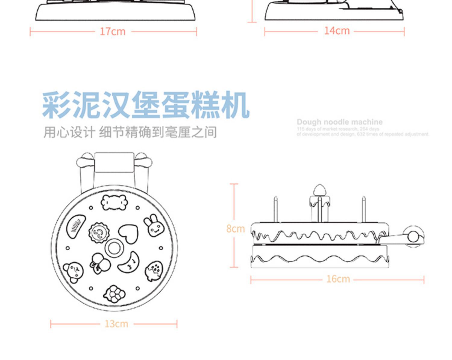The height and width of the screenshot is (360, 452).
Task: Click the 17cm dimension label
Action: pyautogui.click(x=112, y=31)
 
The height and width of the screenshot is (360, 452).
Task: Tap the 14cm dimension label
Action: pyautogui.click(x=337, y=31)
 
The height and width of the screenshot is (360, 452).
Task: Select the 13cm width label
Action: pyautogui.click(x=116, y=324)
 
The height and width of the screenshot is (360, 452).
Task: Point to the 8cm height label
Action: pyautogui.click(x=235, y=229)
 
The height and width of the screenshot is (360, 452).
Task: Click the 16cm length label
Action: pyautogui.click(x=338, y=279)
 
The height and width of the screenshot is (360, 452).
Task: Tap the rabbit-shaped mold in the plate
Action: pyautogui.click(x=154, y=225)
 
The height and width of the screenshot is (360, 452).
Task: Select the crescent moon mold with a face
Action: pyautogui.click(x=130, y=262)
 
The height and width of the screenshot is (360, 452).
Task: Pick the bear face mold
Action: pyautogui.click(x=74, y=272)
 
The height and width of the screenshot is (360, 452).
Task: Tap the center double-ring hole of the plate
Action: pyautogui.click(x=114, y=248)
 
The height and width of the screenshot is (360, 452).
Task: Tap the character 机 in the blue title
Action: pyautogui.click(x=235, y=105)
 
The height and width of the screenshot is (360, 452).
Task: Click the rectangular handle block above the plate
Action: pyautogui.click(x=114, y=162)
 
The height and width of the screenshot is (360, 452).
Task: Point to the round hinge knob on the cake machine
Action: pyautogui.click(x=413, y=237)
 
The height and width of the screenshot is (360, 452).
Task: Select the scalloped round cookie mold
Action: pyautogui.click(x=99, y=232)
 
